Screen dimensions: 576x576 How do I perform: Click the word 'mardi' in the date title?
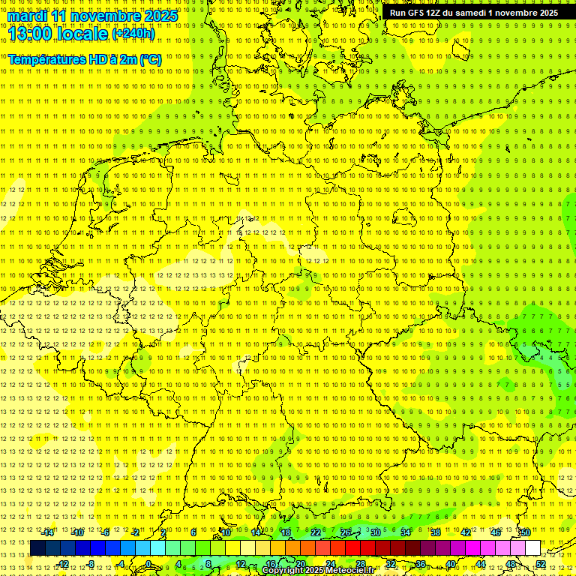click(28, 16)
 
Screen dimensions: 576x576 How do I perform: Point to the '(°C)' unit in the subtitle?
click(149, 58)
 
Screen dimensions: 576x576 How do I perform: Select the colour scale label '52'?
click(541, 564)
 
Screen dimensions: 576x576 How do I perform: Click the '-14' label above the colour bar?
click(48, 532)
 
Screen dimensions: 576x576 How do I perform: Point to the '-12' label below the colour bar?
click(62, 564)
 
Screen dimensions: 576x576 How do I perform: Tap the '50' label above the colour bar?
click(526, 532)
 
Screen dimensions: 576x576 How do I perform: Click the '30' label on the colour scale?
click(375, 532)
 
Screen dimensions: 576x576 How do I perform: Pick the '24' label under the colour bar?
click(331, 564)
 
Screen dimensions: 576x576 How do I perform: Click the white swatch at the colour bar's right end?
click(533, 548)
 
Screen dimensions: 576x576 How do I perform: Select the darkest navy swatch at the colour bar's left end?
click(37, 548)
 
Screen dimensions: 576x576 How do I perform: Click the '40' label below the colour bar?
click(451, 564)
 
